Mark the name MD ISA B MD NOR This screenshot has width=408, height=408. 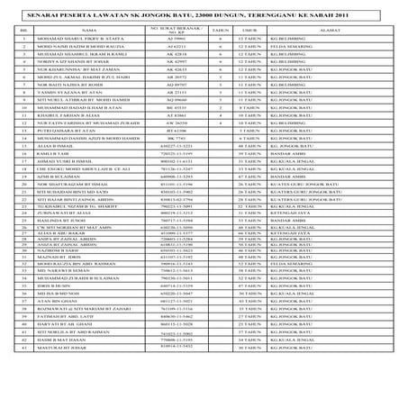click(63, 346)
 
